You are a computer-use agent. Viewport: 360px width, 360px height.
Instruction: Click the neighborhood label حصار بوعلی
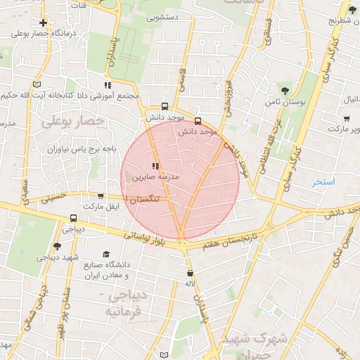pos(72,121)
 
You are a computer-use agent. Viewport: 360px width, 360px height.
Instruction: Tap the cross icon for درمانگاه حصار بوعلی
pos(44,22)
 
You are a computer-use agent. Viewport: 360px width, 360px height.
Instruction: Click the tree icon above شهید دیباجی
pos(57,246)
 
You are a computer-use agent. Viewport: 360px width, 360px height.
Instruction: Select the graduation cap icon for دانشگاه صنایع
pos(106,254)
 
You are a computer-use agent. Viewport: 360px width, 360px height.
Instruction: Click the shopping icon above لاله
pos(190,272)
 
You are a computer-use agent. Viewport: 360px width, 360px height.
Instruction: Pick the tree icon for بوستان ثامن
pos(284,91)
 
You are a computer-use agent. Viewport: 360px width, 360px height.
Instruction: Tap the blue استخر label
pos(324,182)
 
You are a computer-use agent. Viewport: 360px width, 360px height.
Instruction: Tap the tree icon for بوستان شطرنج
pos(352,9)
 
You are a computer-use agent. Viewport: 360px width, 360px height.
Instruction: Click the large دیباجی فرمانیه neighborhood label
pos(126,303)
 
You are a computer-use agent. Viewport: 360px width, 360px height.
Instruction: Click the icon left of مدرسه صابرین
pos(155,167)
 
